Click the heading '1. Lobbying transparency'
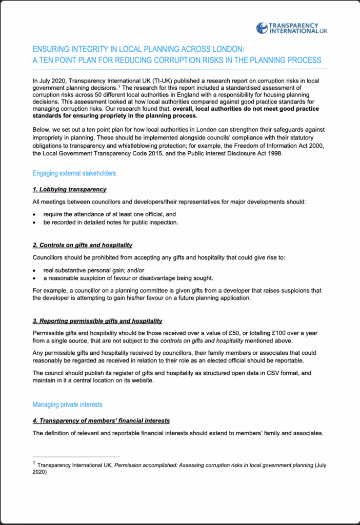[69, 189]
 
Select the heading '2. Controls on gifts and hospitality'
[83, 245]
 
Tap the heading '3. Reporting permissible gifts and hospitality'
[97, 321]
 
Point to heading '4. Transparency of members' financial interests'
[101, 420]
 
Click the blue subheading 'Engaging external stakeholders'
[74, 173]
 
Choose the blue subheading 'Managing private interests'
[67, 405]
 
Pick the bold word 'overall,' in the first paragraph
[184, 109]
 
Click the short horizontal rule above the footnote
[76, 456]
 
